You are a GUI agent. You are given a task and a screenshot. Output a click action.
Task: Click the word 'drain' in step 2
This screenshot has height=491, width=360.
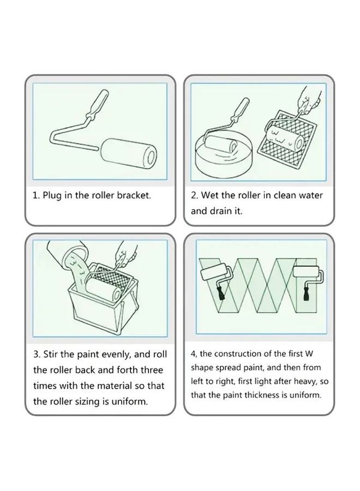pyautogui.click(x=219, y=211)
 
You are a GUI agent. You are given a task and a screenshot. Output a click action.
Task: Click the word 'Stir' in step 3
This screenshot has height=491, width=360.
pyautogui.click(x=50, y=355)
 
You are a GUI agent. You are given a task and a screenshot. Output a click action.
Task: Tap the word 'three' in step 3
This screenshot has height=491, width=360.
pyautogui.click(x=152, y=370)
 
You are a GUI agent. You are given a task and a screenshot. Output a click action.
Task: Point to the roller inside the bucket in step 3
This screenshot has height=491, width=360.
pyautogui.click(x=103, y=290)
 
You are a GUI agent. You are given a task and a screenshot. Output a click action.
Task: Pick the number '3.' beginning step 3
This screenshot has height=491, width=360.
pyautogui.click(x=37, y=355)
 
